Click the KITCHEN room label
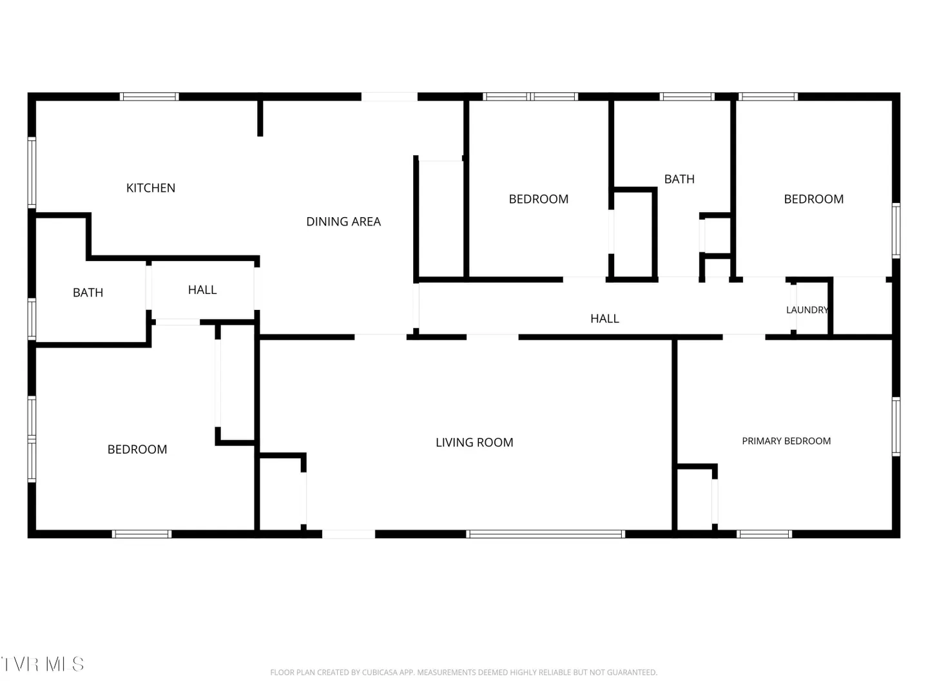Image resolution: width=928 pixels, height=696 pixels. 151,188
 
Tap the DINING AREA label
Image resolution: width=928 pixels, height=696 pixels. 343,222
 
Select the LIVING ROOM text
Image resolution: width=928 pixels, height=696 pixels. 474,443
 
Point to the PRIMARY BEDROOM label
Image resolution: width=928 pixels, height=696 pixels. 786,441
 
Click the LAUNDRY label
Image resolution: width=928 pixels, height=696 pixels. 807,310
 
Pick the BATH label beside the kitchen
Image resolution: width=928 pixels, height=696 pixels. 88,293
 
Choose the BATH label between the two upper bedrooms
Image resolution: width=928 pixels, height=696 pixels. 679,179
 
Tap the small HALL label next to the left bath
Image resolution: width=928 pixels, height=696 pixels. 202,290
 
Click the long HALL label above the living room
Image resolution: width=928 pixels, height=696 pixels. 604,318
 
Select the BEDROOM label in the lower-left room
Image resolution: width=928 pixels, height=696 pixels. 137,449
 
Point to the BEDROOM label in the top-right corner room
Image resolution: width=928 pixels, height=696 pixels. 814,199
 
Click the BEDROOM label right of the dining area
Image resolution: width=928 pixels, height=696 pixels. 539,199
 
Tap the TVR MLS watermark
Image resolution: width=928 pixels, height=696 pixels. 43,664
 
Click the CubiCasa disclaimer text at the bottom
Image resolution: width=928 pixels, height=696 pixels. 464,672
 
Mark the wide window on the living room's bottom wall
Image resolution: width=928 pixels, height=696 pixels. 545,534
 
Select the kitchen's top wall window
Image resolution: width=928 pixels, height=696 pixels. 150,97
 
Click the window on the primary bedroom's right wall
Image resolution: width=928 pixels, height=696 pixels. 896,427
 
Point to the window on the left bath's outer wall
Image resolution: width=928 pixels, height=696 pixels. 32,318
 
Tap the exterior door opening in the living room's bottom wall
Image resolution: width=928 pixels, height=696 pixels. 349,534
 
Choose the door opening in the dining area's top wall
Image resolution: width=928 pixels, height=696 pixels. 389,97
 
